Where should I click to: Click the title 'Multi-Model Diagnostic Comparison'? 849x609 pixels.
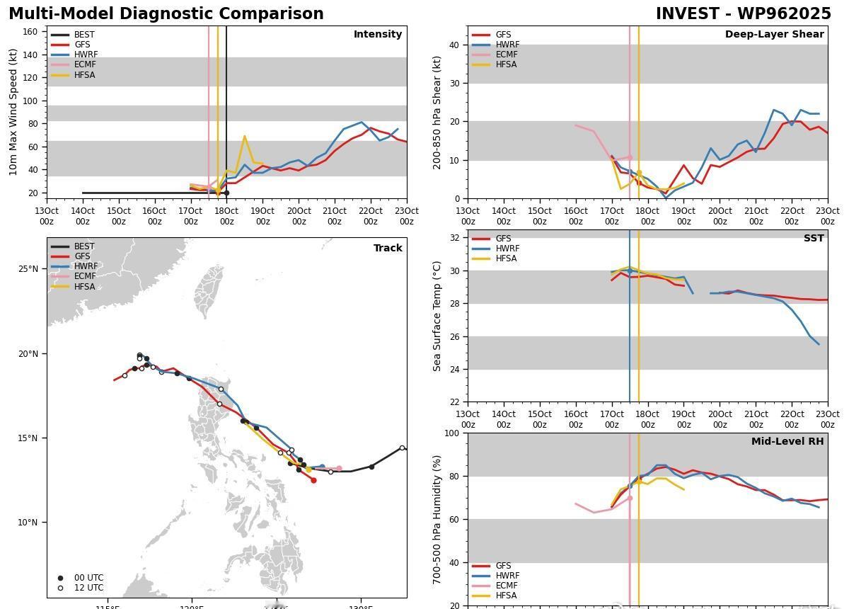pyautogui.click(x=166, y=14)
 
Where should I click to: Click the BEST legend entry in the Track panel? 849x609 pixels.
pyautogui.click(x=83, y=246)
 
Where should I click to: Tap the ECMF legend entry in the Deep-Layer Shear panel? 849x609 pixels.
pyautogui.click(x=505, y=55)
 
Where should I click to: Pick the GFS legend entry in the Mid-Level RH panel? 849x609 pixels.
pyautogui.click(x=503, y=566)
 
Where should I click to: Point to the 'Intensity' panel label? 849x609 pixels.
pyautogui.click(x=377, y=34)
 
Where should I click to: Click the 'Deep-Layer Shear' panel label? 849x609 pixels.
pyautogui.click(x=774, y=34)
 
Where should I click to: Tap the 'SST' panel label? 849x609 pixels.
pyautogui.click(x=813, y=238)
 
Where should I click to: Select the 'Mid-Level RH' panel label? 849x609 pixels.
pyautogui.click(x=787, y=441)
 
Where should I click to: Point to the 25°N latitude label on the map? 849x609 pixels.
pyautogui.click(x=28, y=269)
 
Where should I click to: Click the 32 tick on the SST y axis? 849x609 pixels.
pyautogui.click(x=454, y=238)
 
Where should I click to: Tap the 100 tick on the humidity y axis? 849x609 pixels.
pyautogui.click(x=451, y=433)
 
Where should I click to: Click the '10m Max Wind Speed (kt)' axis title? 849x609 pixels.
pyautogui.click(x=13, y=112)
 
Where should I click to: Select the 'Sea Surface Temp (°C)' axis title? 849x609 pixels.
pyautogui.click(x=437, y=316)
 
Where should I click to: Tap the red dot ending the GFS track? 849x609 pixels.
pyautogui.click(x=313, y=480)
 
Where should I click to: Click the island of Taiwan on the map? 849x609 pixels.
pyautogui.click(x=209, y=290)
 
